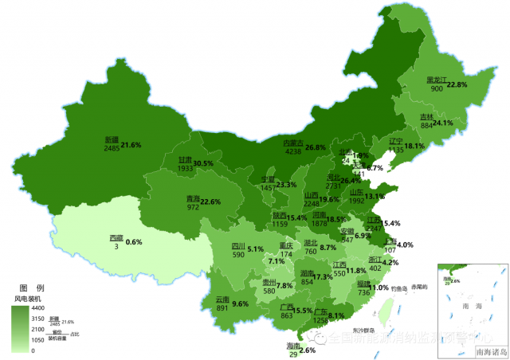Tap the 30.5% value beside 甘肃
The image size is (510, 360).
coord(203,162)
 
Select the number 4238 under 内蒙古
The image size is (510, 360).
coord(293,151)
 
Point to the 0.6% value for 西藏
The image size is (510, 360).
coord(134,242)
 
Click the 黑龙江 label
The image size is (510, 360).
coord(436,80)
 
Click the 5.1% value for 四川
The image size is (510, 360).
coord(255,249)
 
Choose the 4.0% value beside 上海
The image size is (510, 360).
coord(405,245)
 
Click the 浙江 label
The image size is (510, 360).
coord(375,260)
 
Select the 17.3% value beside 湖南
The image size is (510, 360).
coord(323,277)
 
